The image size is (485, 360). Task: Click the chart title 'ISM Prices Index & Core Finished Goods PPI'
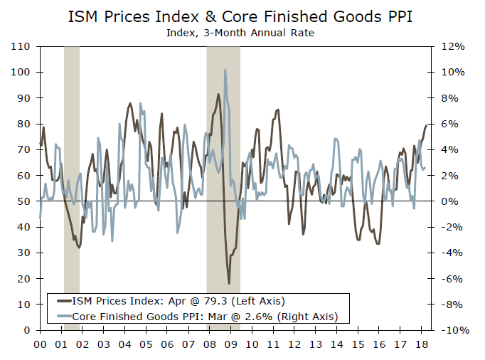click(x=242, y=16)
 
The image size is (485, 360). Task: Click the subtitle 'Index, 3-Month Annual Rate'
click(x=242, y=32)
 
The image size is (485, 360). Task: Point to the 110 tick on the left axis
click(x=21, y=46)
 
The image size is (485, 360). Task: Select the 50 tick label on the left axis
click(x=23, y=201)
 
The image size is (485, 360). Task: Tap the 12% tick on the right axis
click(x=454, y=46)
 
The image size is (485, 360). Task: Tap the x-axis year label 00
click(x=40, y=344)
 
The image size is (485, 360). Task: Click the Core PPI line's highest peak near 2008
click(x=225, y=70)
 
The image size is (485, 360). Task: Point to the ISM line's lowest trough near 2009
click(x=229, y=283)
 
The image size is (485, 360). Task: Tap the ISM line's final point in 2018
click(x=427, y=125)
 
